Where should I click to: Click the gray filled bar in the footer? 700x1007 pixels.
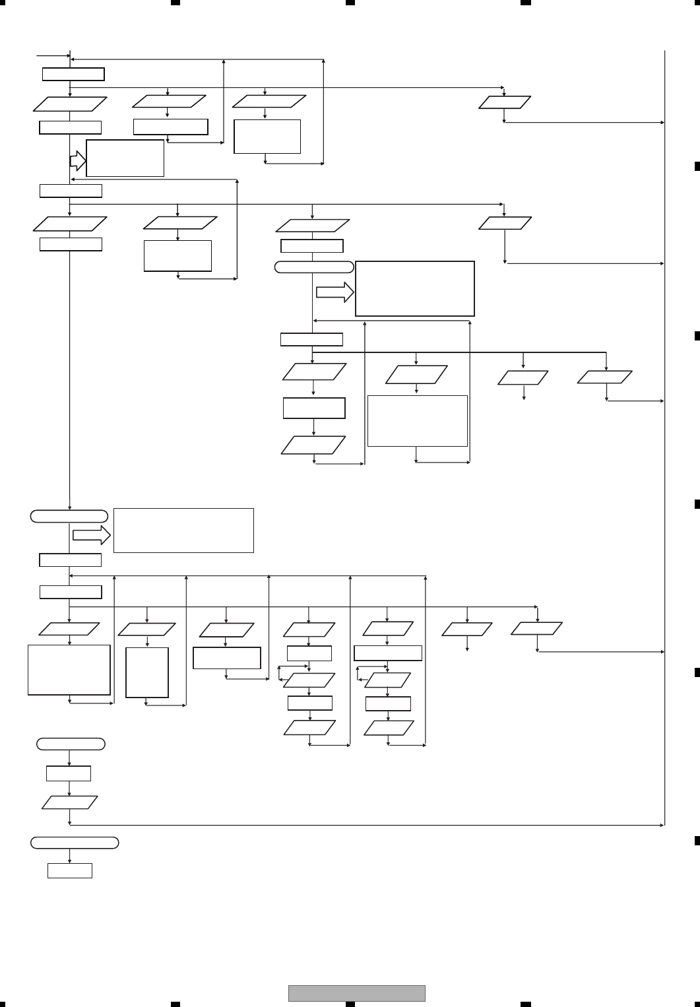pos(356,993)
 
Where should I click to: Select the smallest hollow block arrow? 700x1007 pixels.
pos(78,160)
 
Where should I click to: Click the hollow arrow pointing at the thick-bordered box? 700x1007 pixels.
pos(335,293)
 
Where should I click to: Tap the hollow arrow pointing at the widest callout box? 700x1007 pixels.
pos(92,535)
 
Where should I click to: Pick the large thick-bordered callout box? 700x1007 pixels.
pos(414,289)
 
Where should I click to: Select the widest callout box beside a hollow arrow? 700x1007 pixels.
pos(183,530)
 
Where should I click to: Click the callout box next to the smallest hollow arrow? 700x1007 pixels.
pos(125,158)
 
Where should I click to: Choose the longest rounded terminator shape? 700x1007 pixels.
pos(75,843)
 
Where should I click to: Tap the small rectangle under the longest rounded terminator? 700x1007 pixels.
pos(69,870)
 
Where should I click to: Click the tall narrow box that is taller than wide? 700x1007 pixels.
pos(146,672)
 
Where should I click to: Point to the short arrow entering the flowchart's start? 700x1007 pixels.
pos(53,56)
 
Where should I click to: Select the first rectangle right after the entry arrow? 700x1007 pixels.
pos(73,74)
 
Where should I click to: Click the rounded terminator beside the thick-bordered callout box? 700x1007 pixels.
pos(313,267)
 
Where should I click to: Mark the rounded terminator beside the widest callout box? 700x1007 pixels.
pos(69,516)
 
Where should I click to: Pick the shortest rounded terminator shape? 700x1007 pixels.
pos(71,744)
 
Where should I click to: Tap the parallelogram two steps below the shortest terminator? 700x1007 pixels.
pos(69,802)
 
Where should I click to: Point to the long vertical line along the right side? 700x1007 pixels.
pos(664,436)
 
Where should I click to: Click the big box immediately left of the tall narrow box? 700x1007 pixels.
pos(69,670)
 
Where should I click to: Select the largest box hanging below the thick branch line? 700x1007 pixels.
pos(417,421)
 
